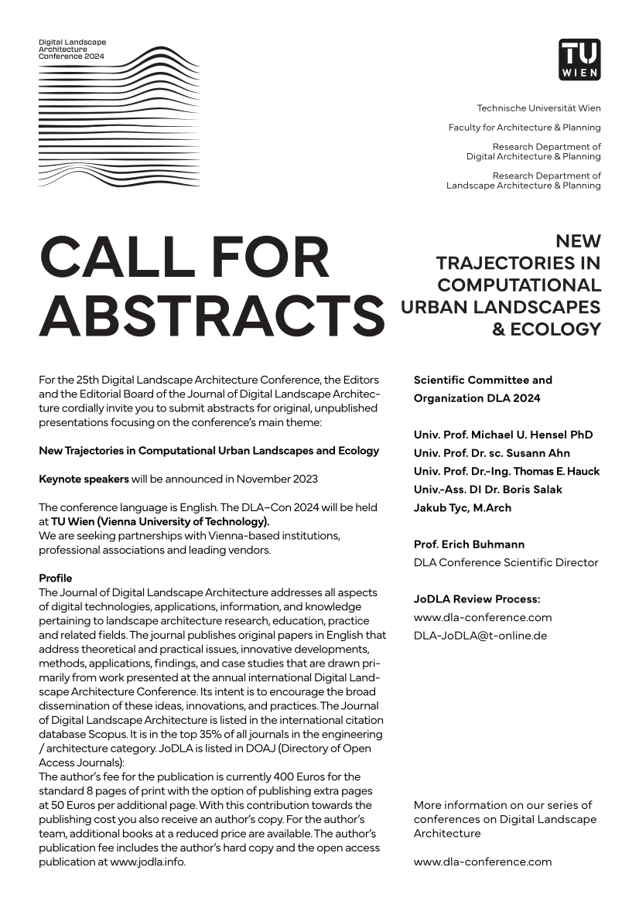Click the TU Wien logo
(579, 60)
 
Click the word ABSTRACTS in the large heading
(211, 315)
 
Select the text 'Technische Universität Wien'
(538, 108)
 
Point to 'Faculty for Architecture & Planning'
(525, 128)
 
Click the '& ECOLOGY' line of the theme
(546, 329)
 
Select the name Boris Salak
(525, 490)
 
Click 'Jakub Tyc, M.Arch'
(462, 508)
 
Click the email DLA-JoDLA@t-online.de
(480, 636)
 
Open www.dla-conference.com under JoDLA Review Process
(483, 617)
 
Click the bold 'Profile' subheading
(55, 578)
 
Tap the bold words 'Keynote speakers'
(84, 479)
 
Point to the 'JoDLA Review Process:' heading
(477, 599)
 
